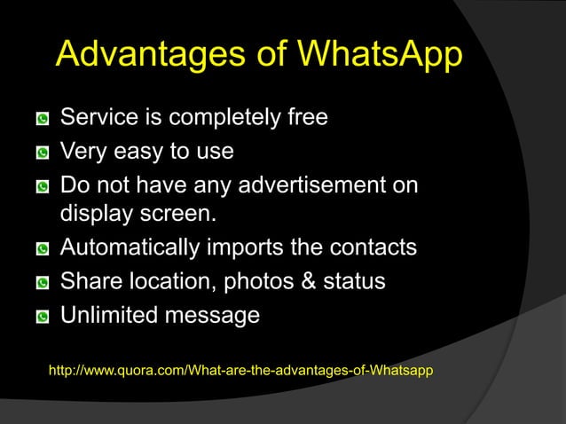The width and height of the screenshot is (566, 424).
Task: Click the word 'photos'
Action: click(x=251, y=282)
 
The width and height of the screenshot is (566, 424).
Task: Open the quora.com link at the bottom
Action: click(x=240, y=369)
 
